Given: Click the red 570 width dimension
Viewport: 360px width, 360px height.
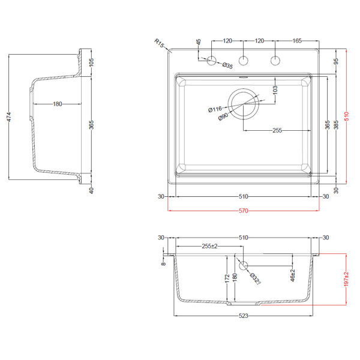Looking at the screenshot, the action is click(244, 211).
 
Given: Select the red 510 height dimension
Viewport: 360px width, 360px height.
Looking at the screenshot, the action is click(347, 116).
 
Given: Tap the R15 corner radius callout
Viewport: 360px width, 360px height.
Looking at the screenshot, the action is click(159, 43).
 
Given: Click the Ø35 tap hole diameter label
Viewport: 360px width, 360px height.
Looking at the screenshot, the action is click(227, 65).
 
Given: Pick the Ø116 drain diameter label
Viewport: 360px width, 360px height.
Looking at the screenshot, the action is click(215, 109).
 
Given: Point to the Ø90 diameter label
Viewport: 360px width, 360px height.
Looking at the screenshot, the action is click(223, 116).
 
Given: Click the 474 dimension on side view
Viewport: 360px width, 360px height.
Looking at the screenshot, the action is click(9, 117).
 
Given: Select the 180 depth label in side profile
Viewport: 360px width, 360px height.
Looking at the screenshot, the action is click(58, 104).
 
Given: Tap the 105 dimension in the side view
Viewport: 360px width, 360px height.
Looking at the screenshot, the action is click(91, 62).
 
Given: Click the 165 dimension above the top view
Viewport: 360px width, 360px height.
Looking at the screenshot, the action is click(297, 41).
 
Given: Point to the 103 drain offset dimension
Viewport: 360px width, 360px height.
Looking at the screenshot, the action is click(275, 90).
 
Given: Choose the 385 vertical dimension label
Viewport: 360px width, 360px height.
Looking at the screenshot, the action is click(336, 125).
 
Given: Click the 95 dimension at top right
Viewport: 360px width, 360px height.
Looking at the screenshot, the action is click(336, 61).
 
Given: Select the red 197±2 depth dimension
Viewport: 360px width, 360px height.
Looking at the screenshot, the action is click(346, 279).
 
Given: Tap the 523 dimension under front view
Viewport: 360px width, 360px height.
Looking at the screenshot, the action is click(244, 316).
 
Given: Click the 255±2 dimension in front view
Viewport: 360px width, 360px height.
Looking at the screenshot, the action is click(209, 246).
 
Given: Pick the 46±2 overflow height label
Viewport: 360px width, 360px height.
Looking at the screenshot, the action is click(293, 275).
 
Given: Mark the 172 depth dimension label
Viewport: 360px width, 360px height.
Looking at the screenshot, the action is click(227, 278).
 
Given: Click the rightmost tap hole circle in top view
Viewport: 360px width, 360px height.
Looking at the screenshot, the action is click(275, 61).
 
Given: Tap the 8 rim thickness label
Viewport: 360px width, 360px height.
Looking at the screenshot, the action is click(163, 264).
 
